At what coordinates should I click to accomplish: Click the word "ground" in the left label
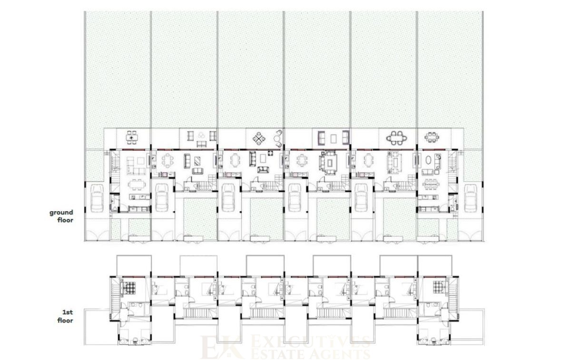[x=61, y=213]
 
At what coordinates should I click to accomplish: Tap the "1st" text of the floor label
[x=68, y=312]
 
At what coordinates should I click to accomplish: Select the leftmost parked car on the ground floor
[x=97, y=198]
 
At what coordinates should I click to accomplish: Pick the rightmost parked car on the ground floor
[x=471, y=198]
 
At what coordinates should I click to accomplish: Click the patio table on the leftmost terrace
[x=132, y=138]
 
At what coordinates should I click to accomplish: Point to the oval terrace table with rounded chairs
[x=397, y=138]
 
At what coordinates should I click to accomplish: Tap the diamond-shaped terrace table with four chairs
[x=259, y=138]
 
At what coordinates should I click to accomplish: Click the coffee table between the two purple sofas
[x=334, y=138]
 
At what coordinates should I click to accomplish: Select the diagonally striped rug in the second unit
[x=197, y=161]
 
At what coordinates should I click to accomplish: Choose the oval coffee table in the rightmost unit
[x=429, y=160]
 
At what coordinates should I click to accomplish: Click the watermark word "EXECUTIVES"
[x=311, y=342]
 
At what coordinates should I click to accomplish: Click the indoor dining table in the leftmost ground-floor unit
[x=137, y=185]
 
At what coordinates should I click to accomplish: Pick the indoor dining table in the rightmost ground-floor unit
[x=431, y=184]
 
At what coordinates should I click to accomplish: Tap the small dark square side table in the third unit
[x=270, y=153]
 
